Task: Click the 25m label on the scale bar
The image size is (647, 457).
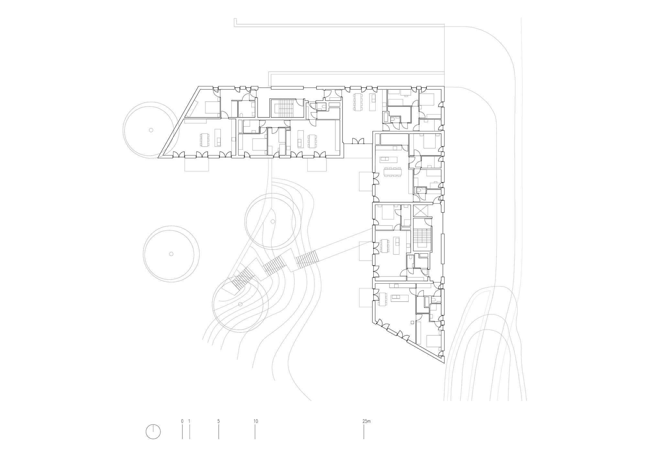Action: pos(366,421)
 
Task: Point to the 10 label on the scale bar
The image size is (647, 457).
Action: pos(256,421)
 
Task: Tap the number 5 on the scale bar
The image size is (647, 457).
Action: pos(219,421)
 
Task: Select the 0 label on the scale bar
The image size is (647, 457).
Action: pos(182,421)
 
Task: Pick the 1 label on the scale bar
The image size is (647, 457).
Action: pos(189,421)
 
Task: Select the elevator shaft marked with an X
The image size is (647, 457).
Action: pos(421,211)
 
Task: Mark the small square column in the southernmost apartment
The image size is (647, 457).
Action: pos(412,322)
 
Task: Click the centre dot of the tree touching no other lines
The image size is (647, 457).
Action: pos(171,254)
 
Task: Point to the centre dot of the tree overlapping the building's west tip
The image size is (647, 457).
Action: pos(151,130)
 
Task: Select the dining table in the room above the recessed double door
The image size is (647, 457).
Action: pos(357,101)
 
